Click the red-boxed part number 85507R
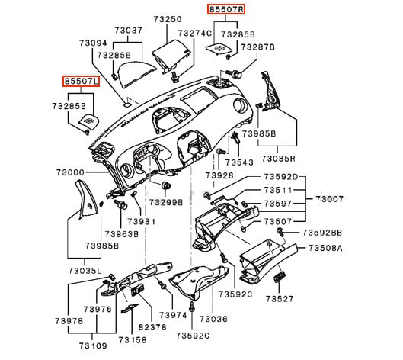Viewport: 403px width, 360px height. [226, 9]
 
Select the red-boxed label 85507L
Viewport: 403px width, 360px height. [82, 81]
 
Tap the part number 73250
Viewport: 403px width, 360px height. [168, 19]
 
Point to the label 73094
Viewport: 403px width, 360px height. [93, 43]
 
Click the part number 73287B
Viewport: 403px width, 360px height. [257, 47]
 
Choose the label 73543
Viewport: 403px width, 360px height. [239, 162]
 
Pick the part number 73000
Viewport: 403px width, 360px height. [70, 172]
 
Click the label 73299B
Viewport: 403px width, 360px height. [166, 203]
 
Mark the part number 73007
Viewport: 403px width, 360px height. [330, 199]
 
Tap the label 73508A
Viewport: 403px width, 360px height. [325, 248]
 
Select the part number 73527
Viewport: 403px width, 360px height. [280, 299]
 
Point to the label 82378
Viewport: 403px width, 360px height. [152, 327]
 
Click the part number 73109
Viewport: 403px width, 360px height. [93, 346]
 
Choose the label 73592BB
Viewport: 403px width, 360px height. [322, 233]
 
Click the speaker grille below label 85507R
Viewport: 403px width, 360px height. [219, 48]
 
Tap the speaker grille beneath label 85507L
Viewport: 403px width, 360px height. [89, 121]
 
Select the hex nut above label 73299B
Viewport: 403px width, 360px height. [165, 185]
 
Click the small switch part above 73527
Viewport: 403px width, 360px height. [280, 278]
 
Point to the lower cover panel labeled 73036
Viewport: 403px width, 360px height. [199, 281]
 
